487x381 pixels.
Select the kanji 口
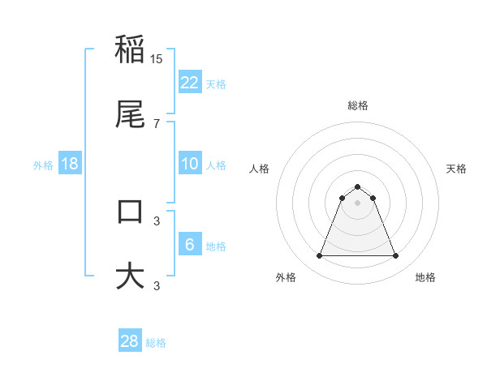(x=130, y=212)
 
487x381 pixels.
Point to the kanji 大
(x=130, y=276)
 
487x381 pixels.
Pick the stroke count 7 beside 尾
(x=157, y=123)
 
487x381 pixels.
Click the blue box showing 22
(x=189, y=82)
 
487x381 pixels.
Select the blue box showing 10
(x=189, y=164)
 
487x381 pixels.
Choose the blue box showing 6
(x=189, y=245)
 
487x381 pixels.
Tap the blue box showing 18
(x=70, y=164)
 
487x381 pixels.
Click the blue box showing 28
(x=129, y=341)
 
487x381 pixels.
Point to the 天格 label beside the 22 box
(x=216, y=83)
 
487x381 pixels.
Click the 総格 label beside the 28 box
(x=156, y=343)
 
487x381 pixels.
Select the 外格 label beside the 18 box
(x=43, y=165)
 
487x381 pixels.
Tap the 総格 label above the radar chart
(x=357, y=105)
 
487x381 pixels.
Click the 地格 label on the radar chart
(x=425, y=277)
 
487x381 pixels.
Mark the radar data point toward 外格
(x=319, y=256)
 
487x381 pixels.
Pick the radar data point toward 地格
(x=396, y=256)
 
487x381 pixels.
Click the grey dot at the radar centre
(x=357, y=203)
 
